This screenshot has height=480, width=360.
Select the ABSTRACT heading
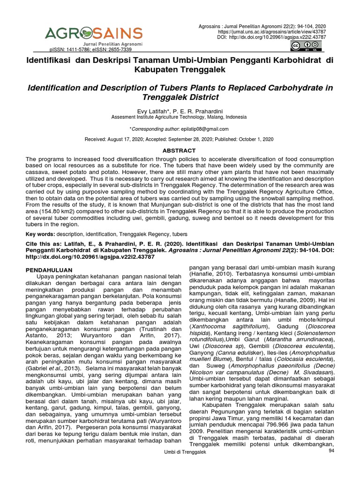(179, 150)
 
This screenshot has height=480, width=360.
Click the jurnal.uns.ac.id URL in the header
(282, 31)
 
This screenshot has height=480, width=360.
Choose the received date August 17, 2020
(126, 140)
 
